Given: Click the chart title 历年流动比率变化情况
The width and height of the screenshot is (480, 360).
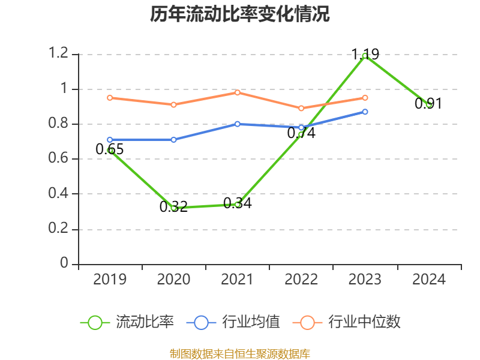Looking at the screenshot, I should click(x=240, y=14).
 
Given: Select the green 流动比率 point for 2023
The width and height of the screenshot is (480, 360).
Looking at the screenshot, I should click(x=365, y=56).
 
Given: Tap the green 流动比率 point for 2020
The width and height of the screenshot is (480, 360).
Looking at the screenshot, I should click(x=173, y=208).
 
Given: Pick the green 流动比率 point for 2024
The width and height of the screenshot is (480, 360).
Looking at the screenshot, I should click(x=429, y=104).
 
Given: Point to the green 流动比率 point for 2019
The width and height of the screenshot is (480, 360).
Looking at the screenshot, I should click(x=110, y=150).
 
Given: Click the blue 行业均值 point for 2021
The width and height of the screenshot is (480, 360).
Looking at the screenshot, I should click(x=238, y=124).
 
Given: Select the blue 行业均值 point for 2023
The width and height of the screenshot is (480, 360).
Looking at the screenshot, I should click(x=365, y=112).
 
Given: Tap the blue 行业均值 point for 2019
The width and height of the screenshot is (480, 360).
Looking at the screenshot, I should click(x=110, y=140).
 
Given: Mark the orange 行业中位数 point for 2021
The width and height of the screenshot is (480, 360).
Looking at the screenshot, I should click(x=238, y=92).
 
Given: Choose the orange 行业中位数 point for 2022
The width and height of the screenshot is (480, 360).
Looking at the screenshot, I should click(x=301, y=108).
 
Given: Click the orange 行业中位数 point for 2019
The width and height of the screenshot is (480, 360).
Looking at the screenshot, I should click(x=110, y=97).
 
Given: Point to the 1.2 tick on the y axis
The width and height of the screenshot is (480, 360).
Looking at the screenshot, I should click(x=59, y=54).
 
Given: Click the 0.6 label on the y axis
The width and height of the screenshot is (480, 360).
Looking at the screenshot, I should click(x=59, y=159).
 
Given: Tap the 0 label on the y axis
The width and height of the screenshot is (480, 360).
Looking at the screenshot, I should click(x=65, y=264).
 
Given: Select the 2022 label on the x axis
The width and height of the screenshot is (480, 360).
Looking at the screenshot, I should click(x=301, y=280).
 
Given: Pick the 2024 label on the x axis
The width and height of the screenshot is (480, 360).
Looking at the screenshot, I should click(x=429, y=280).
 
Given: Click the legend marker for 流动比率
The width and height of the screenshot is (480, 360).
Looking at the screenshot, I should click(x=95, y=322).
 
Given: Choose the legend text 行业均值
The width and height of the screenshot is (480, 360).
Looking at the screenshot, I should click(x=251, y=322).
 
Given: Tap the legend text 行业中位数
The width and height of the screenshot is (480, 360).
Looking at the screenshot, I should click(x=364, y=322).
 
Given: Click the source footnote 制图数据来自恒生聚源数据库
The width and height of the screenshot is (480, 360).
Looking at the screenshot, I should click(x=240, y=353).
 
